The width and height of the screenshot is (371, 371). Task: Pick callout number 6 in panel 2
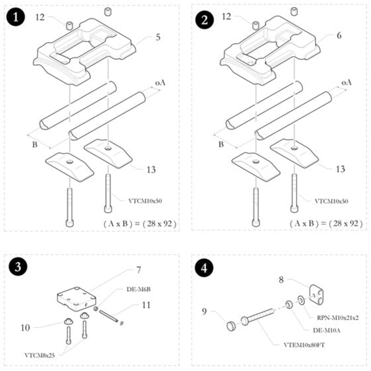[x=339, y=36]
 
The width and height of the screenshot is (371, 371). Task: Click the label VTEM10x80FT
[x=306, y=345]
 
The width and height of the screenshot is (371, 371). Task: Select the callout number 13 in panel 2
[x=339, y=169]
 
